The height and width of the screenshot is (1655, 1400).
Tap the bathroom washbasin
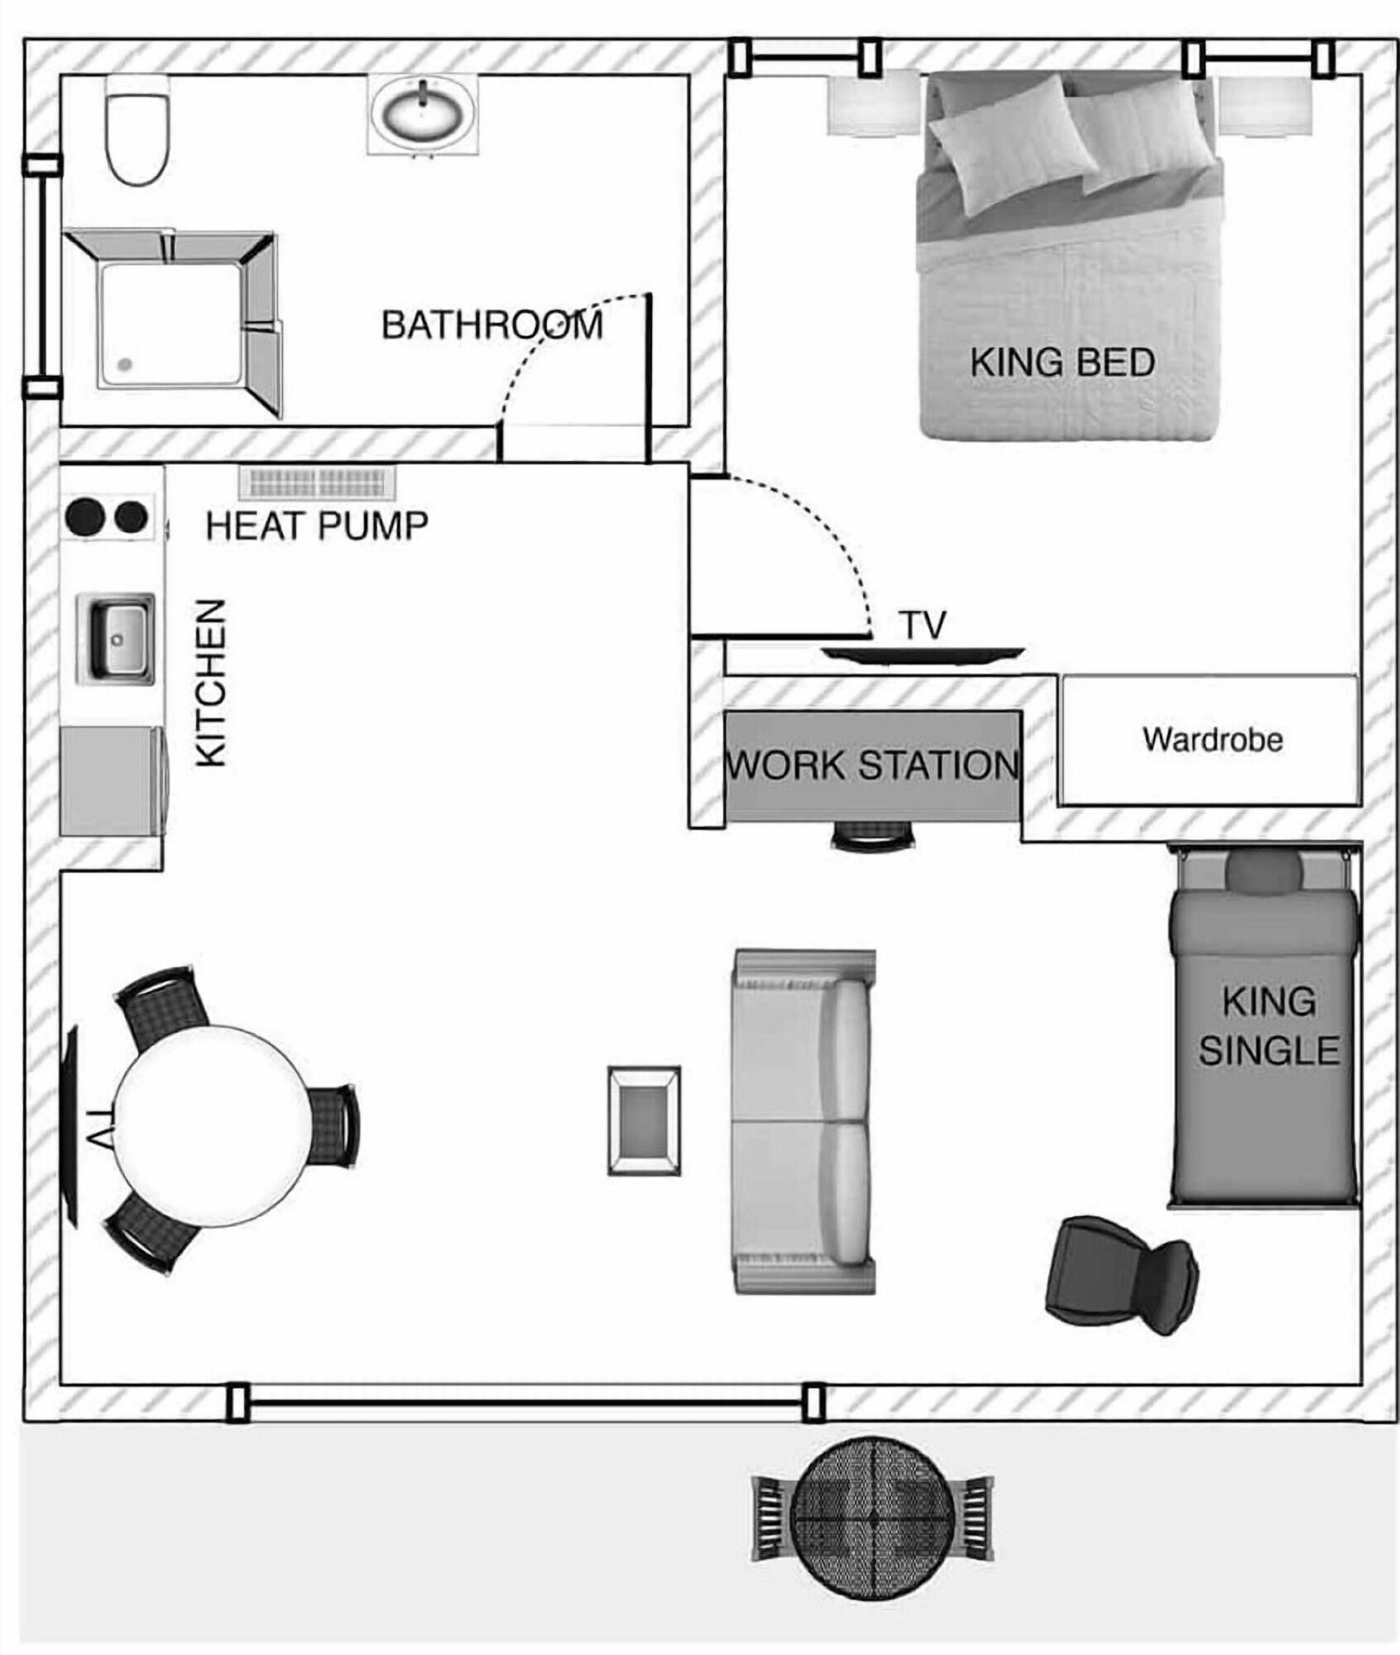pos(423,113)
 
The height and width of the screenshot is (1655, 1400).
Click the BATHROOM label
pos(492,325)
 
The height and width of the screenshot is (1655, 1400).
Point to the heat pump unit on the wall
pos(317,482)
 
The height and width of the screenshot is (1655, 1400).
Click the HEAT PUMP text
pos(317,526)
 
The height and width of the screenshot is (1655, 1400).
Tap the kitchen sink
pos(115,639)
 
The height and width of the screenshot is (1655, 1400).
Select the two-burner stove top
pos(108,517)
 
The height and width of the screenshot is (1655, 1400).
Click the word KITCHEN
pos(211,683)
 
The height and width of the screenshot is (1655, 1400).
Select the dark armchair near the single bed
pos(1121,1275)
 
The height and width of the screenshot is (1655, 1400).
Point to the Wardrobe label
pos(1212,739)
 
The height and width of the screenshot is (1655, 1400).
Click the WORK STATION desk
pos(873,765)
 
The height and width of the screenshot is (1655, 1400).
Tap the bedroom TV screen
pos(923,655)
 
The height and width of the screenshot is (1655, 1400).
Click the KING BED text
pos(1062,362)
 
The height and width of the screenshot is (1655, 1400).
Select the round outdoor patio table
pos(873,1519)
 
